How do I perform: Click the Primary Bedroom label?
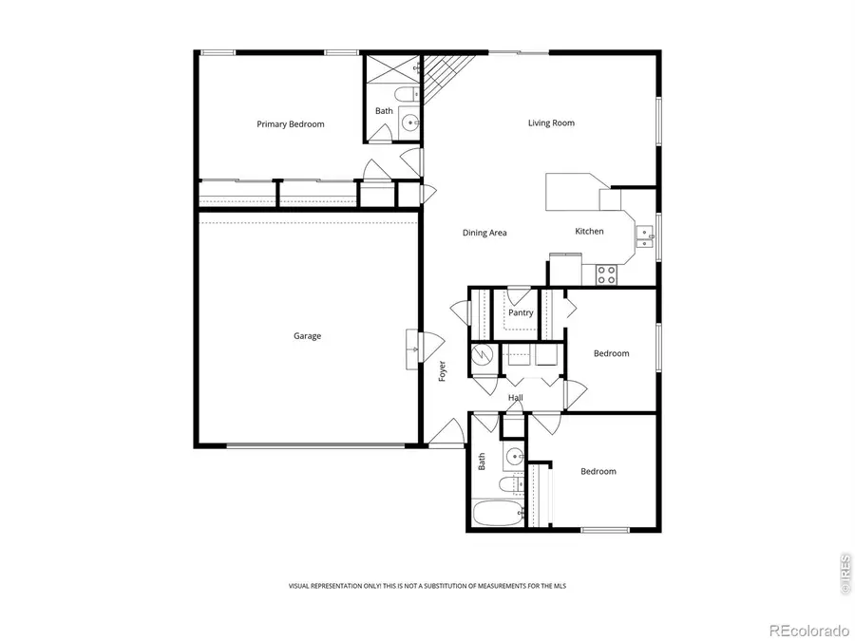coord(291,124)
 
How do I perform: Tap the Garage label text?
coord(307,336)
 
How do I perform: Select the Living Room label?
coord(551,123)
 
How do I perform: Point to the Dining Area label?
coord(484,233)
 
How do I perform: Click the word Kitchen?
coord(589,232)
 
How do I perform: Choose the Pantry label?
coord(521,312)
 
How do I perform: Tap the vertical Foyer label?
coord(443,371)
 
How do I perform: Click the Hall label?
coord(516,398)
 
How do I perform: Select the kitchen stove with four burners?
coord(606,274)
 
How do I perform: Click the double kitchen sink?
coord(645,236)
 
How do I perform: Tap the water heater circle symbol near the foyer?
coord(484,356)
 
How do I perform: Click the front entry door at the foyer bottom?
coord(445,434)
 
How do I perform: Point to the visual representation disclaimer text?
coord(427,586)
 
